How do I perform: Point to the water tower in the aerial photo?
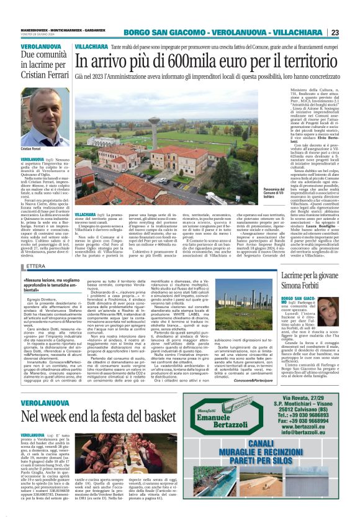tap(153, 127)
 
